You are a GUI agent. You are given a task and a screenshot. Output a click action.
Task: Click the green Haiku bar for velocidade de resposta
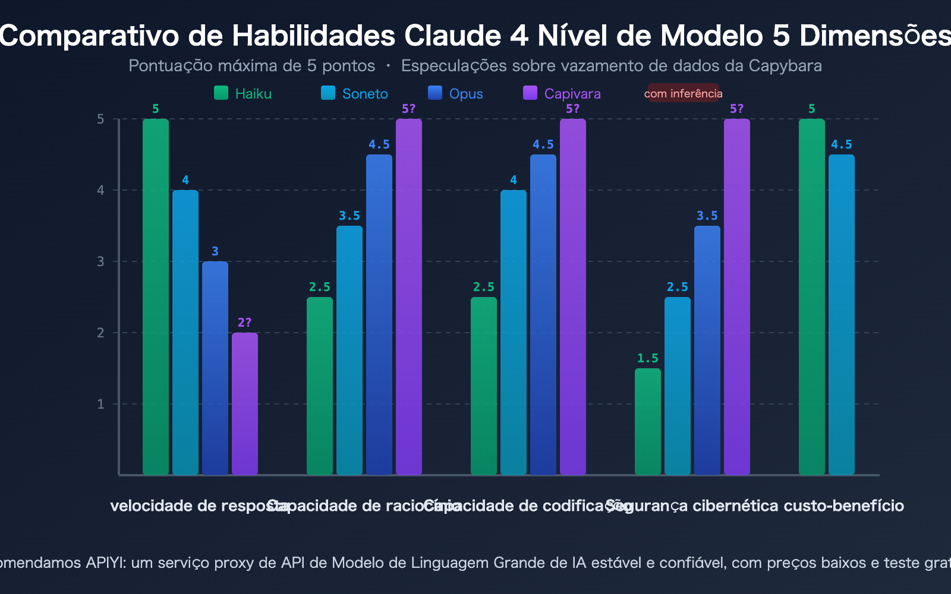tap(156, 297)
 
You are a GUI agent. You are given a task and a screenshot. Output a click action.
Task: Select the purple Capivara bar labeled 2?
tap(245, 404)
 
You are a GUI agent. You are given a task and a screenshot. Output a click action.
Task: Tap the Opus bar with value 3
tap(215, 368)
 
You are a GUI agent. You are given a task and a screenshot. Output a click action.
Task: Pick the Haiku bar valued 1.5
tap(648, 422)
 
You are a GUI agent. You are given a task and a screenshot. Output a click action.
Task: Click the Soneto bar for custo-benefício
tap(842, 315)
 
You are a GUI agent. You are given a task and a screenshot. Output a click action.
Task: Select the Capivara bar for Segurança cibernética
tap(737, 297)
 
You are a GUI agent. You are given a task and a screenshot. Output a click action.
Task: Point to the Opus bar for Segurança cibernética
tap(707, 350)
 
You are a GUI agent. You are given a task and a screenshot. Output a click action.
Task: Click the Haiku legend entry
tap(243, 93)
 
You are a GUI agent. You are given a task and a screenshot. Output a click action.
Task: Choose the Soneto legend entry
tap(355, 93)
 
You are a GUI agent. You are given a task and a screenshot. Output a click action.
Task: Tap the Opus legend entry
tap(456, 93)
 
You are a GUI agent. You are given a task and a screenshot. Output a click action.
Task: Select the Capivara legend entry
tap(562, 93)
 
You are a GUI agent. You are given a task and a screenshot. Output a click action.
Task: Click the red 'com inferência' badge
tap(683, 93)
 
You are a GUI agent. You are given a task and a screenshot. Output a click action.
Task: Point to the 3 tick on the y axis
tap(100, 261)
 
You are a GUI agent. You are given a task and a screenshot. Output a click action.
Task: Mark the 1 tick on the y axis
tap(100, 404)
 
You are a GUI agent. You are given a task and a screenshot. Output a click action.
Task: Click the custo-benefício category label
tap(843, 506)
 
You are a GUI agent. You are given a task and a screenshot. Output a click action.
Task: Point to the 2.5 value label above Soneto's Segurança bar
tap(678, 287)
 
